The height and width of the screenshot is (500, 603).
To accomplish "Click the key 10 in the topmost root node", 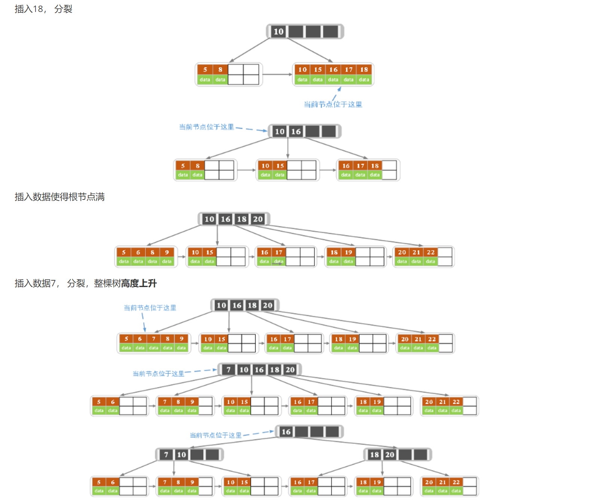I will click(279, 32).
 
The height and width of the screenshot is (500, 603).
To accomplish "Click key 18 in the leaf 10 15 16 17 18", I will click(364, 70).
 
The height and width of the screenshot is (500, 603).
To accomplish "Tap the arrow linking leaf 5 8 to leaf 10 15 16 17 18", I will click(277, 74).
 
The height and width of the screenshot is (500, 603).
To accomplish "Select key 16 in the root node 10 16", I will click(296, 132).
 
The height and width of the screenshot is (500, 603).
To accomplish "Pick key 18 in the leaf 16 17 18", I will click(375, 166).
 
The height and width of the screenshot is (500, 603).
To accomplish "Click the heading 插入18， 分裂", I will click(43, 9).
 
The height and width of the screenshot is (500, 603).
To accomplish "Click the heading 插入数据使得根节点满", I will click(59, 197).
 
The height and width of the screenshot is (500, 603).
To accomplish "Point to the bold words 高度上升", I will click(139, 283).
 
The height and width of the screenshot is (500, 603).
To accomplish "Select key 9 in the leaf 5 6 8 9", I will click(167, 253).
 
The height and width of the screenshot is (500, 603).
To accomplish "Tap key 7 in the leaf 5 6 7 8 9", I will click(154, 339).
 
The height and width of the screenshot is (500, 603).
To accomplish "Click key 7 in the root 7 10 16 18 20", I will click(229, 370).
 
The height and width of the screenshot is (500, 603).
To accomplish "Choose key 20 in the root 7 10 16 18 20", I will click(290, 370).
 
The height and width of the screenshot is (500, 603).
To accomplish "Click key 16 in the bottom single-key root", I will click(286, 432).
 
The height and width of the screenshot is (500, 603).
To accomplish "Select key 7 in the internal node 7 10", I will click(166, 455).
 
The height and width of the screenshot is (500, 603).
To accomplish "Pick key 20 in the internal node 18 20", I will click(390, 455).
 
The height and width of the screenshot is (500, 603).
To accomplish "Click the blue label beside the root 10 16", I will click(206, 127).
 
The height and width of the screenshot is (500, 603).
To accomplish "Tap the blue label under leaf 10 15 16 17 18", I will click(333, 104).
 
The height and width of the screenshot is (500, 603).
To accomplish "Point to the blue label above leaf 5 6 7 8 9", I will click(150, 308).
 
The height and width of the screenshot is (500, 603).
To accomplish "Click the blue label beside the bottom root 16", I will click(215, 435).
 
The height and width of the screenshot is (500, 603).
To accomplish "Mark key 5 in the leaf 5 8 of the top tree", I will click(205, 70).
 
